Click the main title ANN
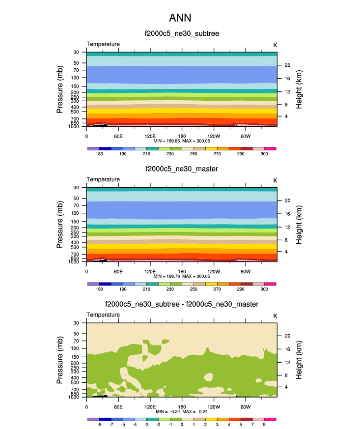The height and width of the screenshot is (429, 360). pyautogui.click(x=180, y=18)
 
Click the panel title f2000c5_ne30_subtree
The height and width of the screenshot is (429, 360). pyautogui.click(x=182, y=33)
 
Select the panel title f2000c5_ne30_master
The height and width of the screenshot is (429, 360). pyautogui.click(x=182, y=169)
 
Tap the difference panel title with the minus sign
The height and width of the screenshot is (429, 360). pyautogui.click(x=182, y=305)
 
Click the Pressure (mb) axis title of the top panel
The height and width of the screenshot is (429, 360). pyautogui.click(x=60, y=89)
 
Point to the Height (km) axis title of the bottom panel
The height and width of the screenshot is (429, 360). pyautogui.click(x=299, y=360)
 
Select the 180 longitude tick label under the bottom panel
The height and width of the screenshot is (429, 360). pyautogui.click(x=182, y=407)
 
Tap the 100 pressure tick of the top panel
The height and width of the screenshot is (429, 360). pyautogui.click(x=76, y=78)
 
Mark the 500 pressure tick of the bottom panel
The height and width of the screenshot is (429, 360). pyautogui.click(x=76, y=382)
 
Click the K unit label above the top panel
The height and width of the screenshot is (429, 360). pyautogui.click(x=275, y=45)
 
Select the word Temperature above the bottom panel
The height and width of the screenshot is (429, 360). pyautogui.click(x=103, y=315)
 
